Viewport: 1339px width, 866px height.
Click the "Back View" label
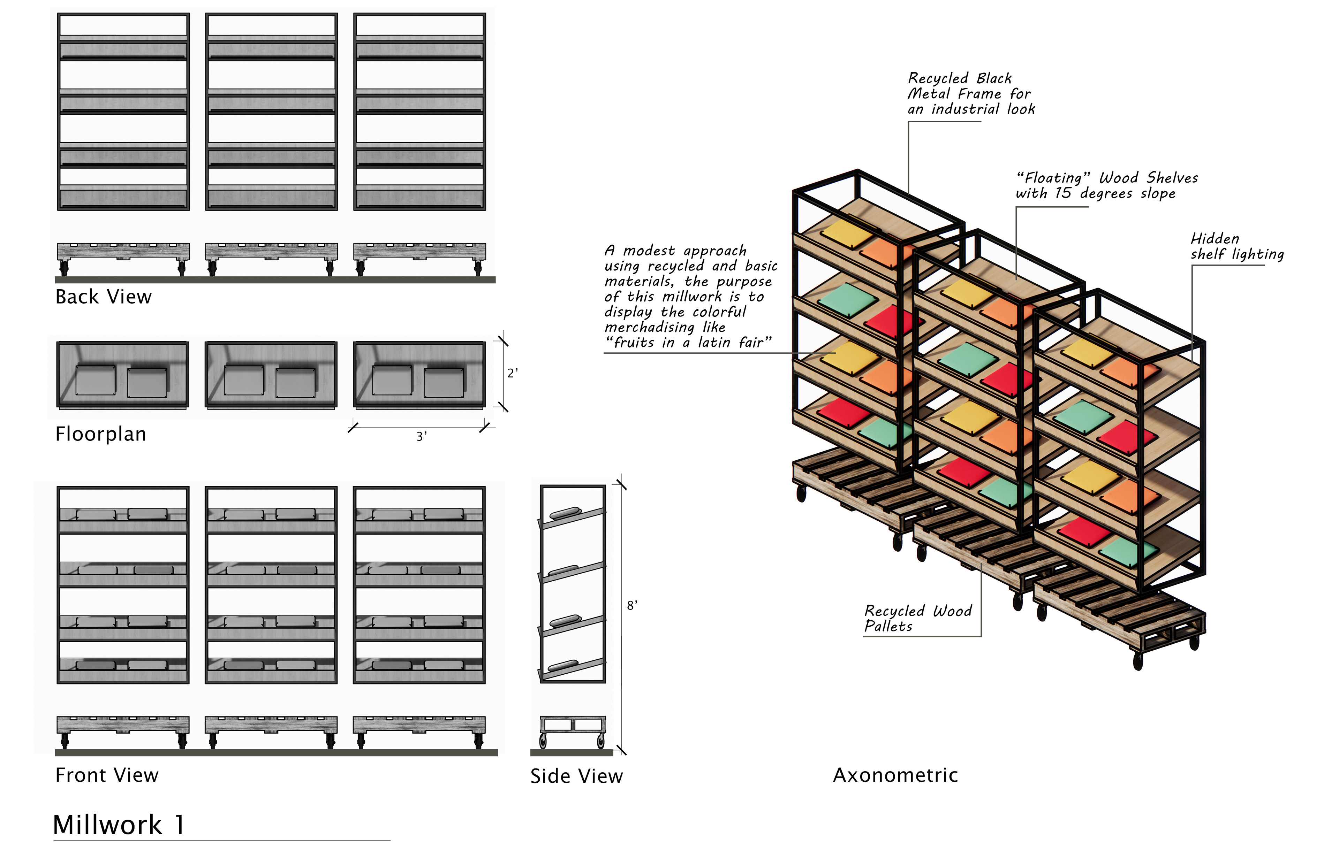(x=104, y=296)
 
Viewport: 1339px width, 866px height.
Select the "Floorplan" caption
(x=101, y=434)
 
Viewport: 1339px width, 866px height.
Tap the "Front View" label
(x=107, y=775)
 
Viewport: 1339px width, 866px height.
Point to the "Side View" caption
(x=577, y=776)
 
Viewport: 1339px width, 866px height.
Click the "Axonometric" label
(x=895, y=775)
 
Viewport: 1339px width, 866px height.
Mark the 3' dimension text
(x=421, y=436)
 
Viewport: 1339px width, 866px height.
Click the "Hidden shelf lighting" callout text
(x=1237, y=246)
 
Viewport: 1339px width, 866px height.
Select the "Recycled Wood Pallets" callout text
(x=918, y=619)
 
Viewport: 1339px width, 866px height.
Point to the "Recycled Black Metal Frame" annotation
(x=971, y=93)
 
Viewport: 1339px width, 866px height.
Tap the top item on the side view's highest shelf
(x=565, y=512)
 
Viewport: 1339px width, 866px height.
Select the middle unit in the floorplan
(x=271, y=375)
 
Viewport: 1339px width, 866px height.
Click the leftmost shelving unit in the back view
(x=123, y=112)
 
